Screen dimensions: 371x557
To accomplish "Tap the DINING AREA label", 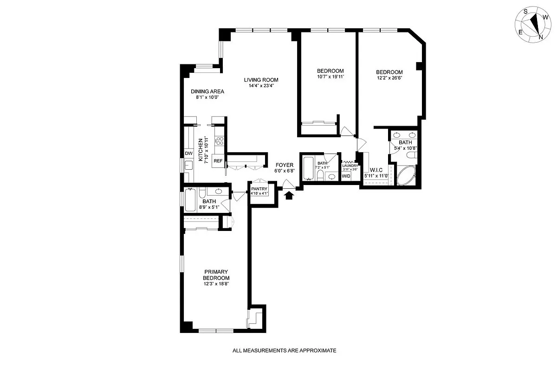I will [x=207, y=91].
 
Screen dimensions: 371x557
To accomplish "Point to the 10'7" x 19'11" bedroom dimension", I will [x=330, y=77].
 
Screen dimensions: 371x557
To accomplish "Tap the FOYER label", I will [x=284, y=165].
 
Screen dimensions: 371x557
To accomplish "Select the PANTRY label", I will [x=259, y=189].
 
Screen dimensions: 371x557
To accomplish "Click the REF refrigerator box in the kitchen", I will [x=218, y=161].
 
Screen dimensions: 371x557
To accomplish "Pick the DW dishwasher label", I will [x=188, y=154].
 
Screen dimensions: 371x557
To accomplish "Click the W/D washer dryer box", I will [x=346, y=176].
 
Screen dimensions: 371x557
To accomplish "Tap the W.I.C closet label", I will [x=376, y=170].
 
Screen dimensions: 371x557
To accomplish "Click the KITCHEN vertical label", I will [x=201, y=150].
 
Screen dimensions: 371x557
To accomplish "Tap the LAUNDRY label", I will [x=350, y=166].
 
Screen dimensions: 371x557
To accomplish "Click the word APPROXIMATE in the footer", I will [x=316, y=351].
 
